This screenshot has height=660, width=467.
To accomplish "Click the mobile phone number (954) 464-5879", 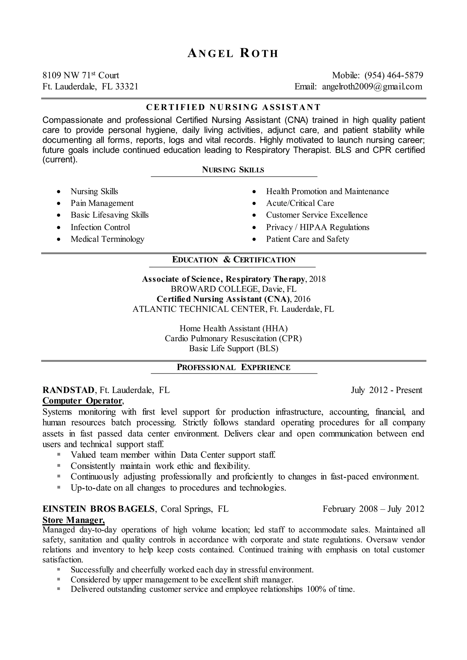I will tap(394, 75).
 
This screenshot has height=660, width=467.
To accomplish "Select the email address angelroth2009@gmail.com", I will tap(372, 87).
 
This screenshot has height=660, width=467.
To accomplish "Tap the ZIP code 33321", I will tap(127, 87).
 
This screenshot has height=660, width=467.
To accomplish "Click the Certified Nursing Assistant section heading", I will tap(233, 107).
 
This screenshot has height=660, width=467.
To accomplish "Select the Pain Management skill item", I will tap(102, 203).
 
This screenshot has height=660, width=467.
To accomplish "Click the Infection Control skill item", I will tap(100, 227).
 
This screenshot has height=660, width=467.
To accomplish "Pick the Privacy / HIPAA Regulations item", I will tap(317, 227).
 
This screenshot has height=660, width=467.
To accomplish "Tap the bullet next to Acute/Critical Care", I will tap(254, 204).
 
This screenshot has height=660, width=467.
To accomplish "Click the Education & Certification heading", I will tap(233, 260).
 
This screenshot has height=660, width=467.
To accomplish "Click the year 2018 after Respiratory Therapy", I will tap(317, 279).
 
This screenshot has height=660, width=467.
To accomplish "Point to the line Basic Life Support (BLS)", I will tap(233, 348).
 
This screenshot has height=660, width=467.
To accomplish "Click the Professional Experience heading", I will tap(233, 367).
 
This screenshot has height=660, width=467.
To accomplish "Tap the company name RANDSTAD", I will tap(68, 390).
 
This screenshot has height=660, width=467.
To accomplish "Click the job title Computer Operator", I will tap(82, 401).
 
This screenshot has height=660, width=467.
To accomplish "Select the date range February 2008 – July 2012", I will tap(373, 509).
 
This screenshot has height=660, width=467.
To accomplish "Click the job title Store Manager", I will tap(73, 520).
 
